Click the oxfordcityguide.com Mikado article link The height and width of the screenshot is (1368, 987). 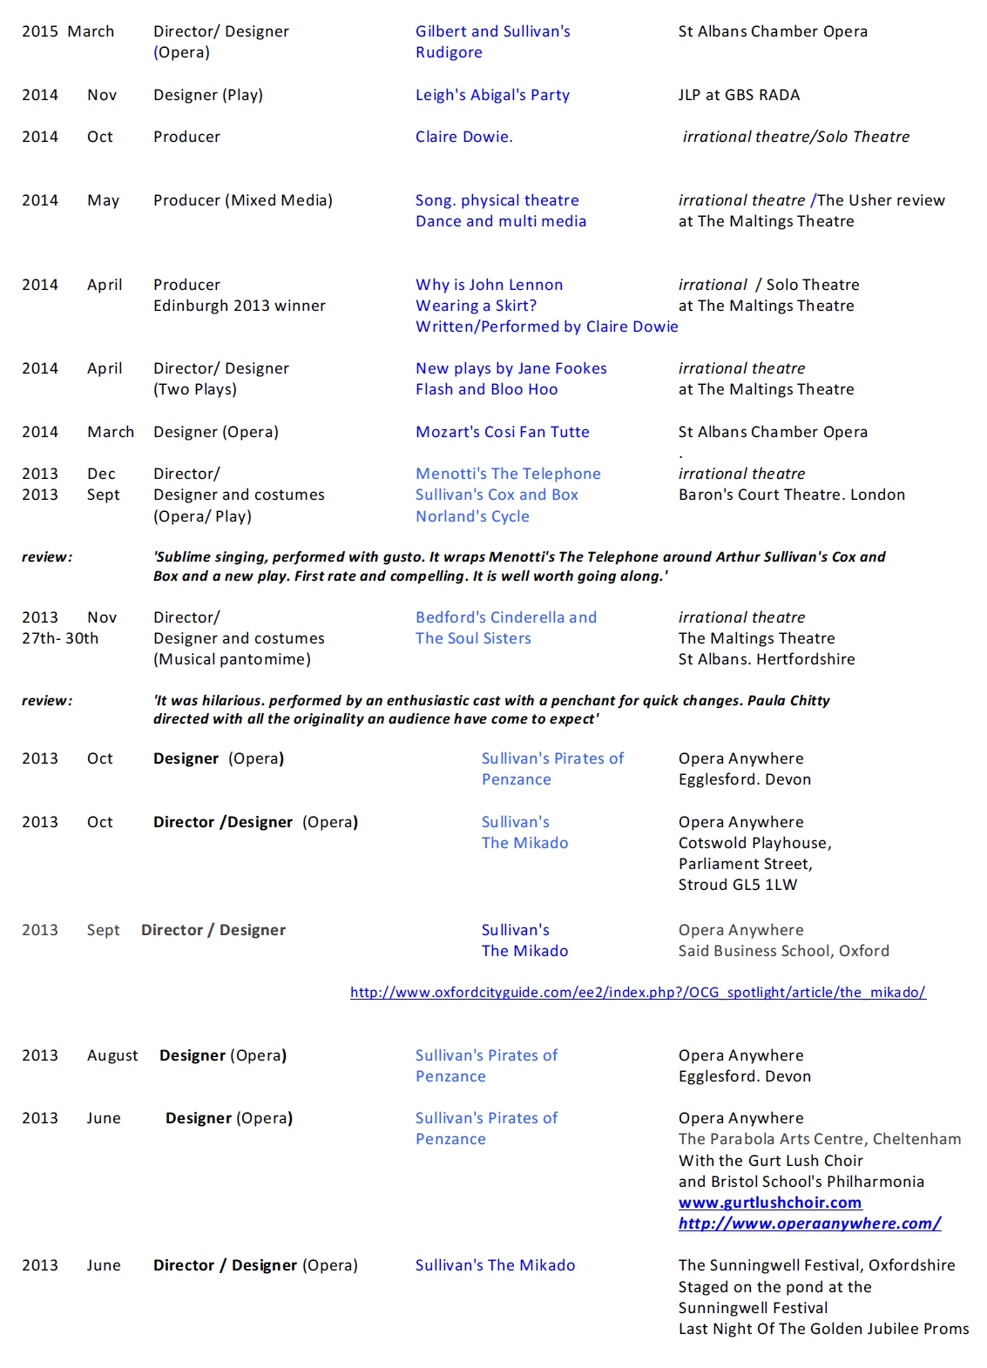[x=638, y=993]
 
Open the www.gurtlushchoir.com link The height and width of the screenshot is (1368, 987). [x=770, y=1203]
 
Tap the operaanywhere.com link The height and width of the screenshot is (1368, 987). [x=809, y=1223]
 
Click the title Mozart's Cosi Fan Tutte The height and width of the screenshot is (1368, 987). [x=502, y=432]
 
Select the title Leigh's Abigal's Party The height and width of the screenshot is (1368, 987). [x=492, y=95]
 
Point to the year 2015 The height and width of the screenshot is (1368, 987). [x=40, y=31]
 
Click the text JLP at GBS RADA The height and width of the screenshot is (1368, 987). [x=739, y=95]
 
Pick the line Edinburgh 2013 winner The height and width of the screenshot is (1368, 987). [x=240, y=306]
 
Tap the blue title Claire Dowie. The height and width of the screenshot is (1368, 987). [x=463, y=137]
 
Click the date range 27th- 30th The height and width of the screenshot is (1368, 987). [x=60, y=638]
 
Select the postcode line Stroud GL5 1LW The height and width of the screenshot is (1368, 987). [x=738, y=885]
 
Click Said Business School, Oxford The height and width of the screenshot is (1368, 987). [x=783, y=951]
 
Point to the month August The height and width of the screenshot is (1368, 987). [x=112, y=1055]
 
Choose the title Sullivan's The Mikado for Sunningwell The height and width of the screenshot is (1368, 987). [x=495, y=1265]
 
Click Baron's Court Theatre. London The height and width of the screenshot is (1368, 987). [x=791, y=495]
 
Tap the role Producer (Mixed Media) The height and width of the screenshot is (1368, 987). [x=243, y=200]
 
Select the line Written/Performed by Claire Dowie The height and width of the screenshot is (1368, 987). [x=546, y=327]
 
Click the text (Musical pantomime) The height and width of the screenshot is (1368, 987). [x=232, y=659]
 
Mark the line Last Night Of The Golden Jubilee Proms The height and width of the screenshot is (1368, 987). [x=823, y=1329]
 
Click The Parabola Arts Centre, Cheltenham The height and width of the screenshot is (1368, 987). [x=820, y=1139]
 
